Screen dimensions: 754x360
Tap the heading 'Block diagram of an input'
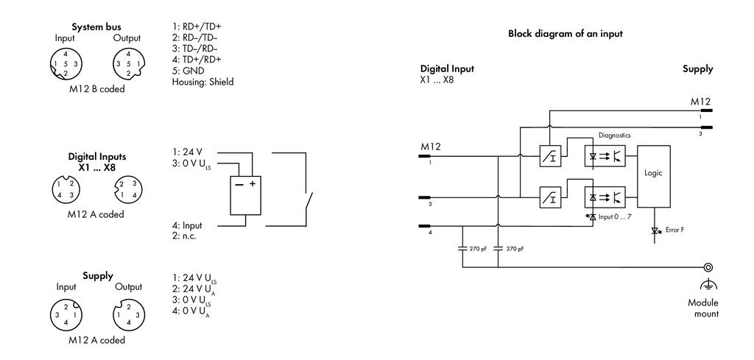tap(565, 34)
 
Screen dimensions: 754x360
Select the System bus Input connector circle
tap(66, 63)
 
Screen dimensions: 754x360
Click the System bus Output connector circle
tap(128, 63)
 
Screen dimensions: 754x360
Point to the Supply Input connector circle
tap(66, 314)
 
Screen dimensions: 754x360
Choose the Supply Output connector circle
tap(128, 314)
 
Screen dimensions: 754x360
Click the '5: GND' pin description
tap(188, 71)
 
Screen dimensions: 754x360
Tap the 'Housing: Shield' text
tap(203, 82)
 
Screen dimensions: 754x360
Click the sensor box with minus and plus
tap(246, 195)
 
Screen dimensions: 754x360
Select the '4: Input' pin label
tap(187, 225)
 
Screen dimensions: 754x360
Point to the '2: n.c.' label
tap(184, 236)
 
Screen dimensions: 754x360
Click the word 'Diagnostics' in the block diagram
tap(615, 135)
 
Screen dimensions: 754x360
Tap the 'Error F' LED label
tap(674, 230)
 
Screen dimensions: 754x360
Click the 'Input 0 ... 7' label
tap(615, 216)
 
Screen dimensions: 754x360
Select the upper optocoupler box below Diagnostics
tap(605, 156)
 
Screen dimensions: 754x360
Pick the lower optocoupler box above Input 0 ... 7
tap(605, 197)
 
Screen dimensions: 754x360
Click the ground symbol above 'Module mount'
tap(708, 285)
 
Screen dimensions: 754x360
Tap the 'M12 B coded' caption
tap(96, 89)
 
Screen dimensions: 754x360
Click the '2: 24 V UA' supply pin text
tap(191, 289)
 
